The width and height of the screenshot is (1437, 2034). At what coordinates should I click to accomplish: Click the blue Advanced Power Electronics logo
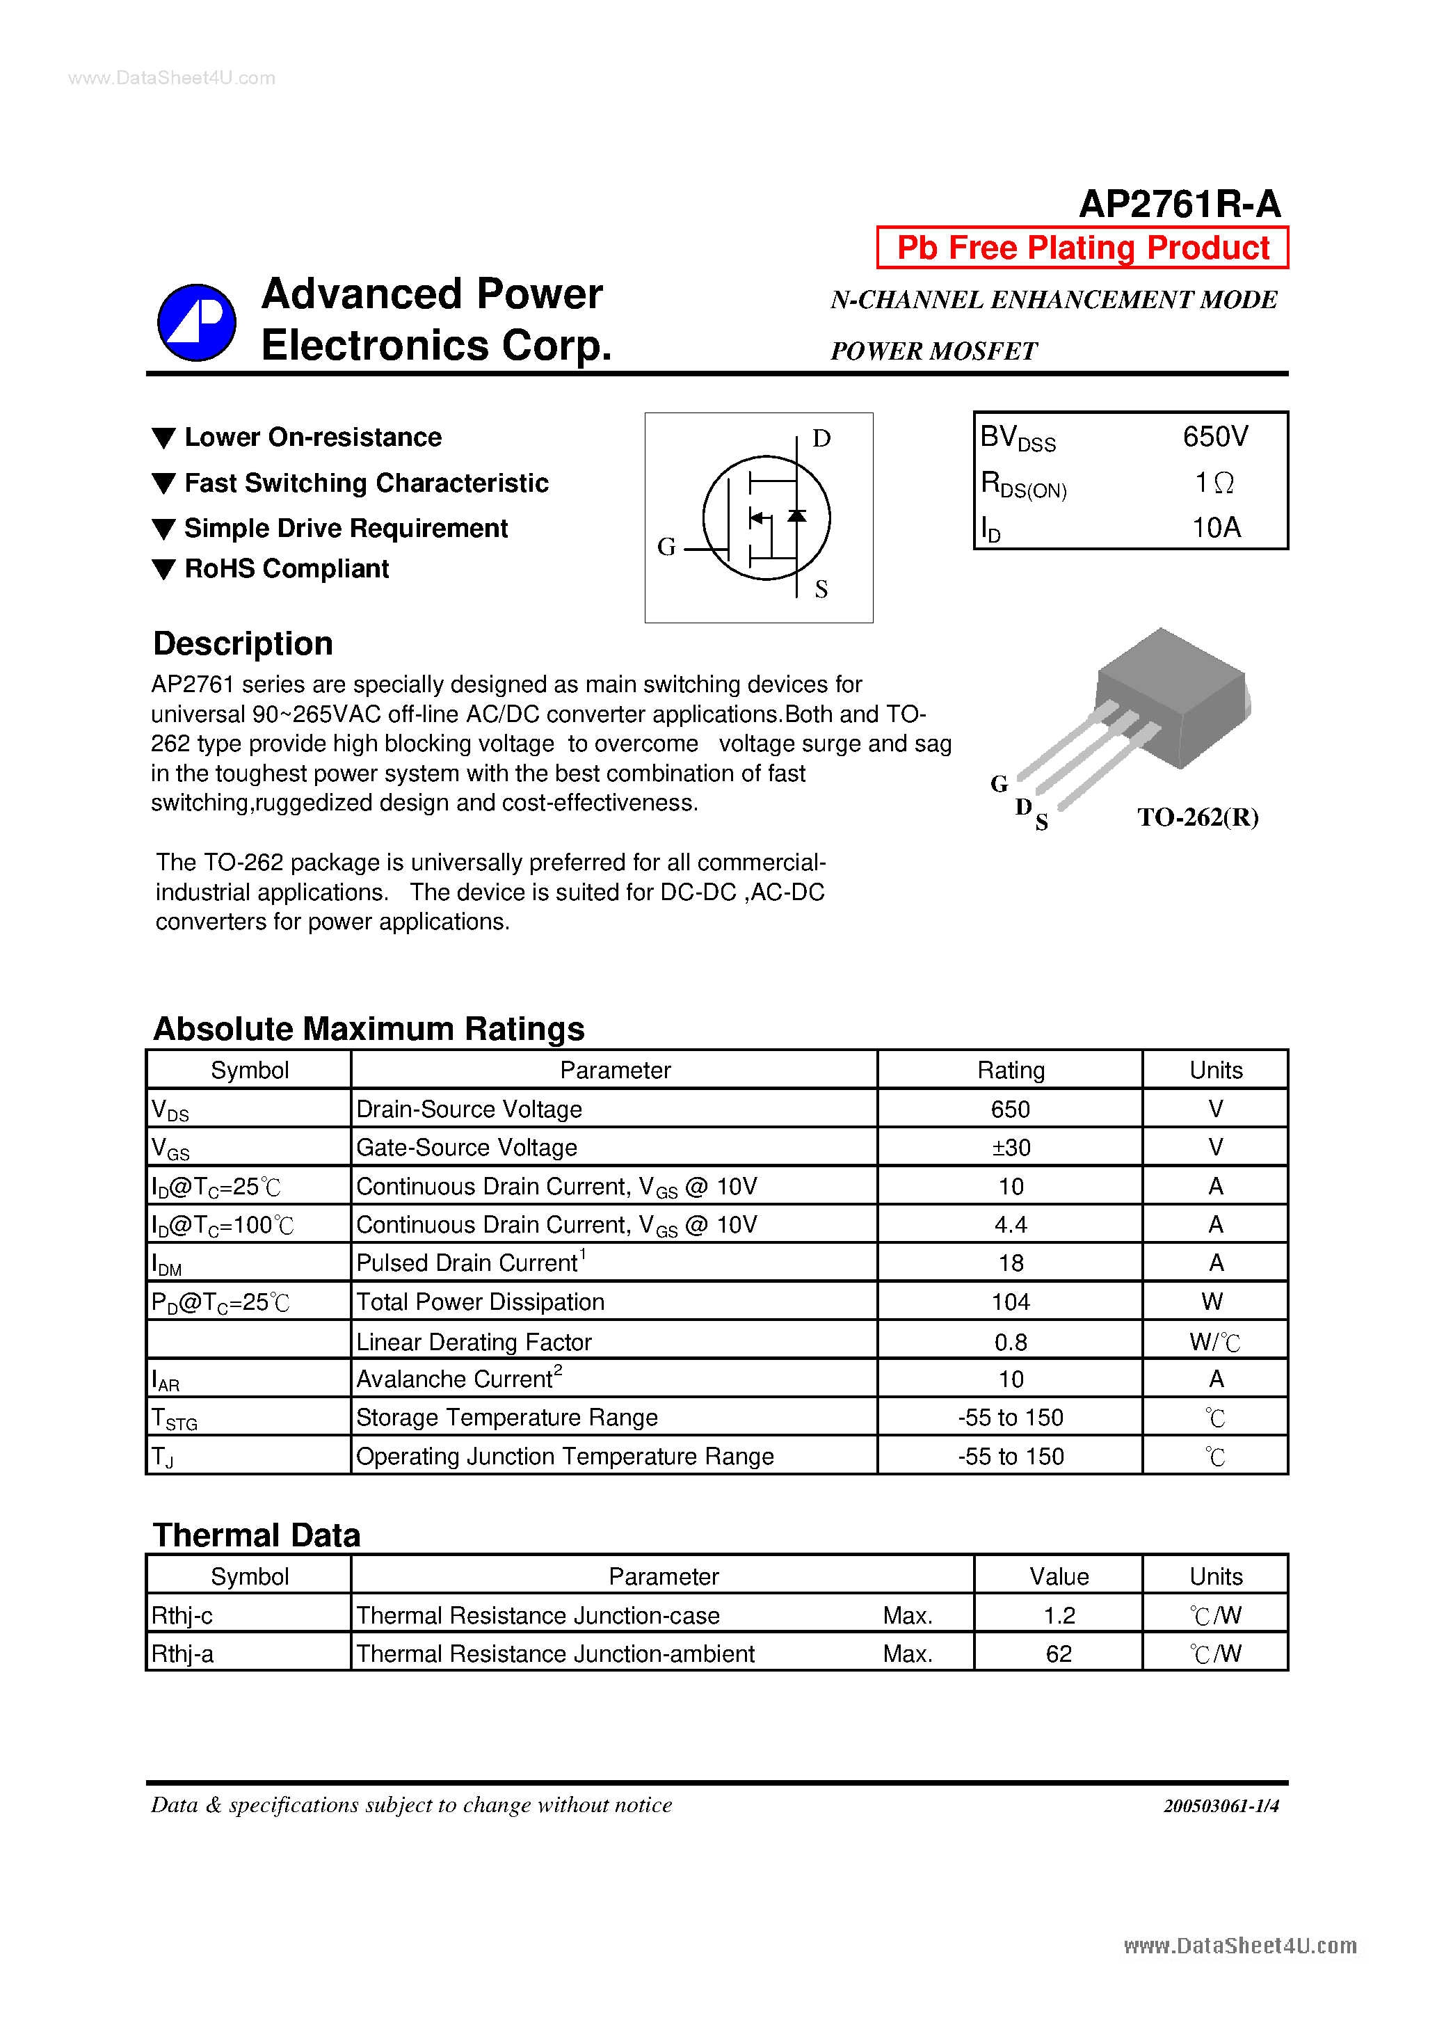[197, 323]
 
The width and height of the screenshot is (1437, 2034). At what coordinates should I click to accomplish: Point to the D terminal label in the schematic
[821, 438]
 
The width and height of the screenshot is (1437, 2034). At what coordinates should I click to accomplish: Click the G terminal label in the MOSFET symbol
[666, 547]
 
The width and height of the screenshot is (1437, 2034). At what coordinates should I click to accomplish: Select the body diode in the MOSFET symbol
[796, 515]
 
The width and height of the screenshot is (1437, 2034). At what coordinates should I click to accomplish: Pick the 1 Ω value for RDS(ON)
[1213, 483]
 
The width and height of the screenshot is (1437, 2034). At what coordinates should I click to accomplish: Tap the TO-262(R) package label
[1197, 817]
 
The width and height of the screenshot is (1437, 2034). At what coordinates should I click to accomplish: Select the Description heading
[243, 643]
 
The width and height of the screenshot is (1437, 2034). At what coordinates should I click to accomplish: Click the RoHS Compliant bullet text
[286, 569]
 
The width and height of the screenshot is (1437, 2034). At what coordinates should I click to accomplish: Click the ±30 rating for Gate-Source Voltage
[1010, 1147]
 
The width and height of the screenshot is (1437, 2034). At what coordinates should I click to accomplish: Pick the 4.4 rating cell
[1010, 1224]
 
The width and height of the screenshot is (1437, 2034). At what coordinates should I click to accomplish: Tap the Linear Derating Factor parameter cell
[473, 1342]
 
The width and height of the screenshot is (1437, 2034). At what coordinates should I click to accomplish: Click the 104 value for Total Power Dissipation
[1010, 1302]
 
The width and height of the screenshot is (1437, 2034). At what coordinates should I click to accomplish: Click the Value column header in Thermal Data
[1058, 1577]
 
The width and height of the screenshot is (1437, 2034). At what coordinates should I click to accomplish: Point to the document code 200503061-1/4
[1220, 1805]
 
